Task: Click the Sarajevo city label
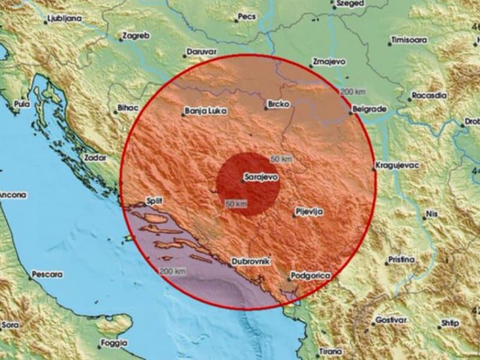pos(260,178)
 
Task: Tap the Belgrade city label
pos(369,111)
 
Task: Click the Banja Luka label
pos(204,111)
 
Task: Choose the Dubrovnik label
pos(251,262)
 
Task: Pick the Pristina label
pos(402,260)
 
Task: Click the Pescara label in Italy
pos(47,275)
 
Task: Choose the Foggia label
pos(114,343)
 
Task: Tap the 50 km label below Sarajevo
pos(236,205)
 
